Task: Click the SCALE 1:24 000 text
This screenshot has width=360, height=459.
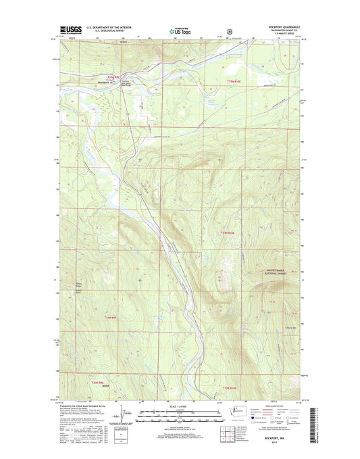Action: pyautogui.click(x=179, y=406)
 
